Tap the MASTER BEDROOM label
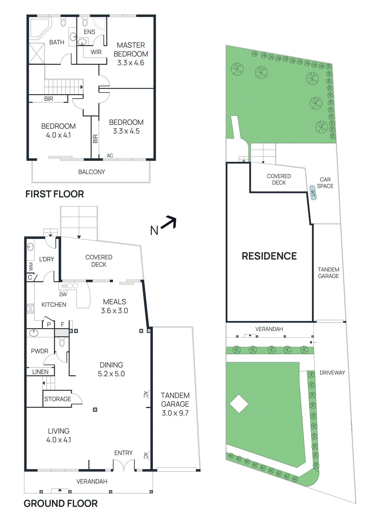tap(131, 50)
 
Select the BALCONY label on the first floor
tap(92, 172)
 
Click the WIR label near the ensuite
tap(96, 52)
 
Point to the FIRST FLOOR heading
tap(54, 194)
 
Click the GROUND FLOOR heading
tap(60, 503)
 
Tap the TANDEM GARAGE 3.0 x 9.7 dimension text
tap(175, 413)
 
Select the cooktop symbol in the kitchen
tap(30, 309)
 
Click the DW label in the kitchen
tap(63, 294)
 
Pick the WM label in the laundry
tap(31, 266)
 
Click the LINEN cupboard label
tap(40, 372)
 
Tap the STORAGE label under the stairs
tap(57, 399)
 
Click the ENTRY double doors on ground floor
tap(124, 466)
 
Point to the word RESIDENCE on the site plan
tap(269, 256)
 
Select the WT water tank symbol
tap(313, 193)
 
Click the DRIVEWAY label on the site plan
tap(332, 373)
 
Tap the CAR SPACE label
tap(325, 183)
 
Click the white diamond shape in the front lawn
tap(239, 404)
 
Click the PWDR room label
tap(39, 351)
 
